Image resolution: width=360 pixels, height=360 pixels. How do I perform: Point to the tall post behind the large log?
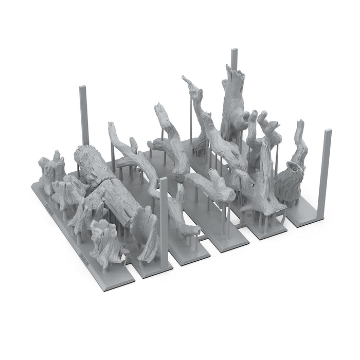[82, 116]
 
